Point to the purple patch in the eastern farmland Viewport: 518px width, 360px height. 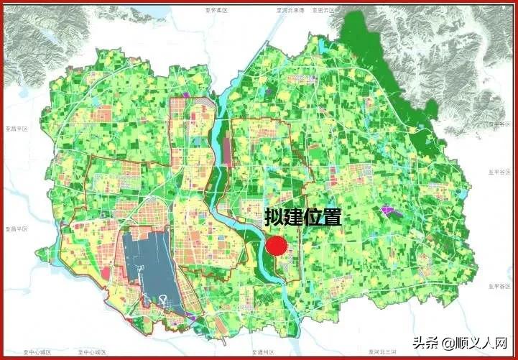coord(390,211)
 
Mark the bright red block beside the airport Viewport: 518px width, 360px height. coord(108,272)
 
